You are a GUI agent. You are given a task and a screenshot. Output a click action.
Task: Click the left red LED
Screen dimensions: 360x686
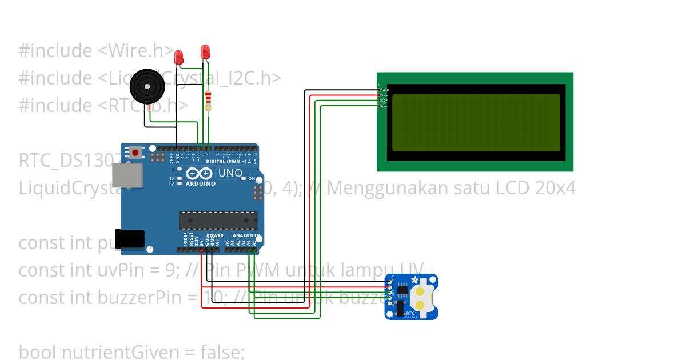pos(178,57)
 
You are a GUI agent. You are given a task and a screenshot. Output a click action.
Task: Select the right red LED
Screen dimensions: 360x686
pos(205,53)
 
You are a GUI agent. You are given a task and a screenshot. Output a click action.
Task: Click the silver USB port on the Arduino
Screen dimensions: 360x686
pos(126,175)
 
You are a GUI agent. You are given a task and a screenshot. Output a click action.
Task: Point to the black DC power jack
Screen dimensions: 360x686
pos(129,239)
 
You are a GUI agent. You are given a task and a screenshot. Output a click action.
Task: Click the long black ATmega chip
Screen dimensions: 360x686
pos(218,220)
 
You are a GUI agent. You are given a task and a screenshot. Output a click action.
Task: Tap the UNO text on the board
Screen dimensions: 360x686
pos(230,173)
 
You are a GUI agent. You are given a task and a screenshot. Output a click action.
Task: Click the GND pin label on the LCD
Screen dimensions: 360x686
pos(385,90)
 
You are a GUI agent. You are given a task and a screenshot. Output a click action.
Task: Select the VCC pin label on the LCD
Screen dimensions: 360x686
pos(385,95)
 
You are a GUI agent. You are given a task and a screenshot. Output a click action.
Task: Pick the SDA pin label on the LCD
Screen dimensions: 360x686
pos(385,100)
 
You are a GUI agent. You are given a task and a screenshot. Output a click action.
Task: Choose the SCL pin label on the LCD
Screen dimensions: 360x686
pos(385,105)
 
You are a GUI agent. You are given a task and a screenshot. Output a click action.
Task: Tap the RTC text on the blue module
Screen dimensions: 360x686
pos(410,314)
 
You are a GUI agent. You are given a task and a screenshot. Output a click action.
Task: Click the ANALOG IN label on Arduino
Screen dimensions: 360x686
pos(246,235)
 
